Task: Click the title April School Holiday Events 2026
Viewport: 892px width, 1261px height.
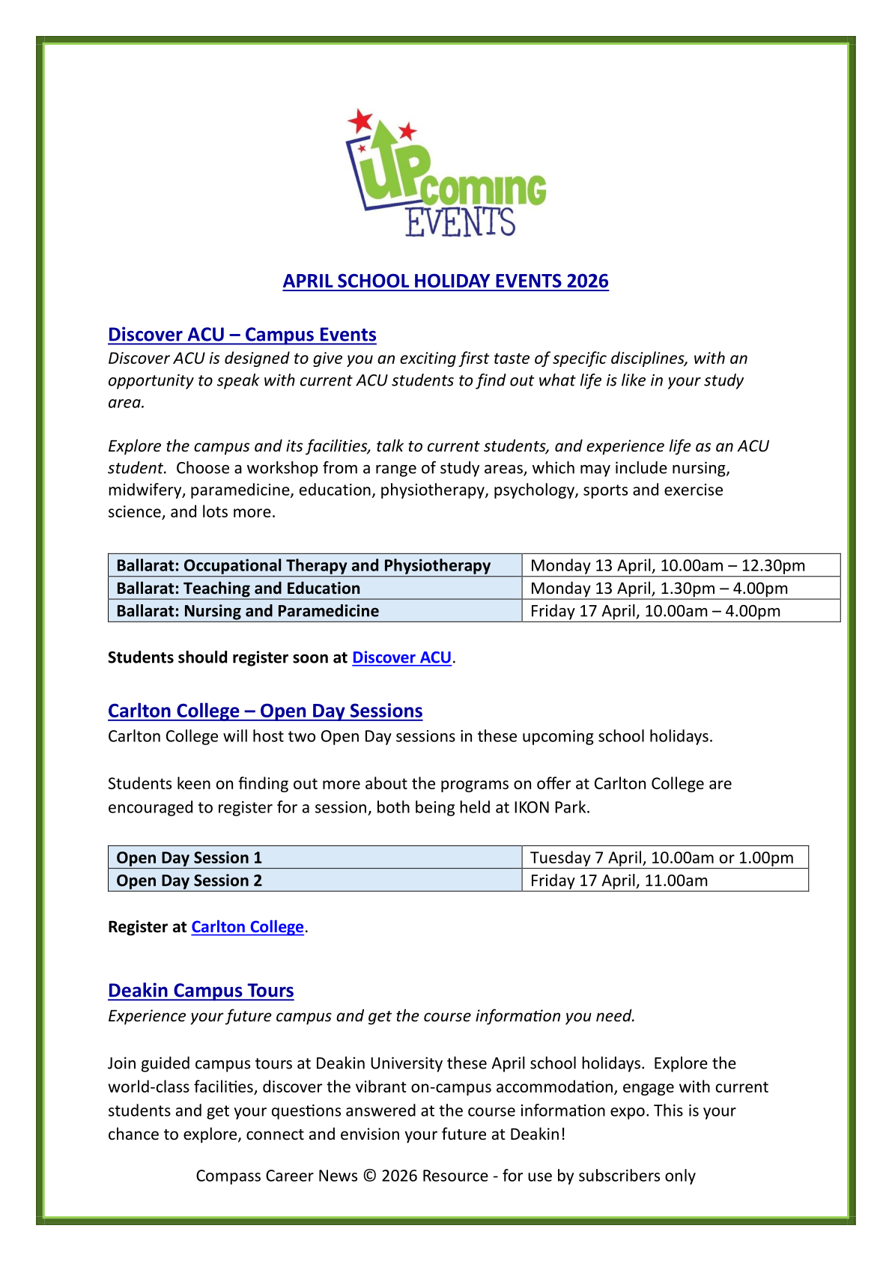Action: click(446, 282)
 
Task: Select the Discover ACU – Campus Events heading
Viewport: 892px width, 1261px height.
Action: click(242, 335)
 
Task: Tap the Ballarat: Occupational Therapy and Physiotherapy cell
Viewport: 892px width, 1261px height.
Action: click(303, 565)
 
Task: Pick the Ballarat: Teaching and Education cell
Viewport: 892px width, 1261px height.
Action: click(238, 589)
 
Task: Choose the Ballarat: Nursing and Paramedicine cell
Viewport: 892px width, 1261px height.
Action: click(247, 611)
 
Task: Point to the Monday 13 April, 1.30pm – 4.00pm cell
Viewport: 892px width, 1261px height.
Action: click(659, 589)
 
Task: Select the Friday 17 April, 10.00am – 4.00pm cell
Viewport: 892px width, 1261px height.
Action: click(655, 611)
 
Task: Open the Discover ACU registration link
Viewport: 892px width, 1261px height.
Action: click(401, 657)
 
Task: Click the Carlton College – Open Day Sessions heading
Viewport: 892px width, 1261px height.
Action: click(265, 711)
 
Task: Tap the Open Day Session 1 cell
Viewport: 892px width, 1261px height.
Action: click(189, 858)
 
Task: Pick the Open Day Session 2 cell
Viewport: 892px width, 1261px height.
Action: click(189, 881)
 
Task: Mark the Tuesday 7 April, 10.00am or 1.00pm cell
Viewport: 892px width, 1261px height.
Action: click(661, 858)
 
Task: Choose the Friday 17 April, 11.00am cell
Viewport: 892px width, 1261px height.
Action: click(619, 881)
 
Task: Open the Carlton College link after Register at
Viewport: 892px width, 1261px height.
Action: click(247, 927)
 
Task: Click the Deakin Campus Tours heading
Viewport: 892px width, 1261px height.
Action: click(201, 991)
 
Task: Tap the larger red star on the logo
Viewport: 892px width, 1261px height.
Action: click(360, 120)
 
